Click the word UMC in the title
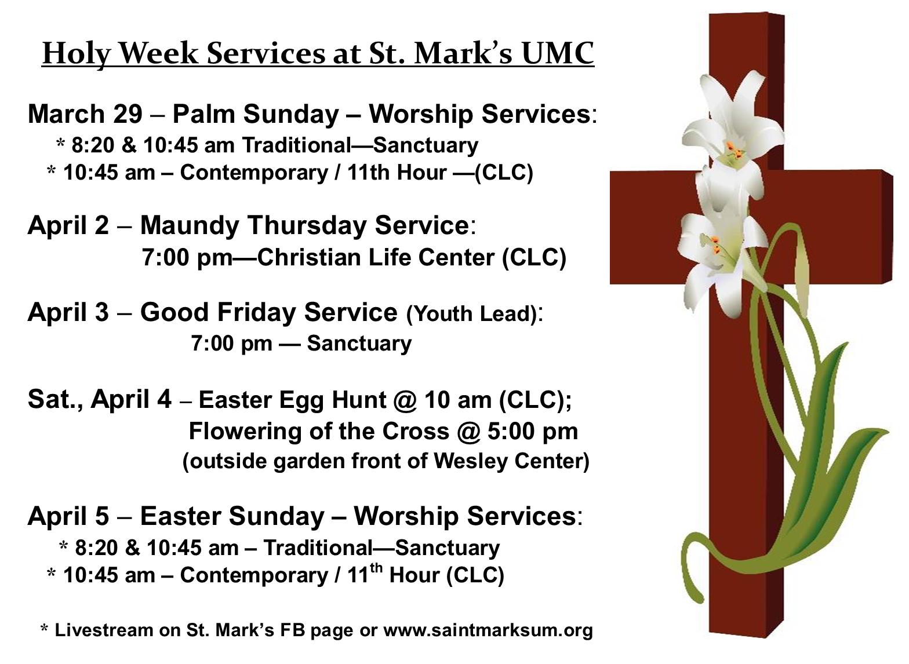coord(558,53)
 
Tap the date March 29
coord(85,114)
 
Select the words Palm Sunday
coord(256,114)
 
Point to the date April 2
coord(68,225)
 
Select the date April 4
coord(131,399)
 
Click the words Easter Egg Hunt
coord(292,400)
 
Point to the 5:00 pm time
coord(532,430)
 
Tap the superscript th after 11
coord(376,567)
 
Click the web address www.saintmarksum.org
coord(488,630)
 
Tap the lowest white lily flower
coord(718,264)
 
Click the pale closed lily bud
coord(801,276)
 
